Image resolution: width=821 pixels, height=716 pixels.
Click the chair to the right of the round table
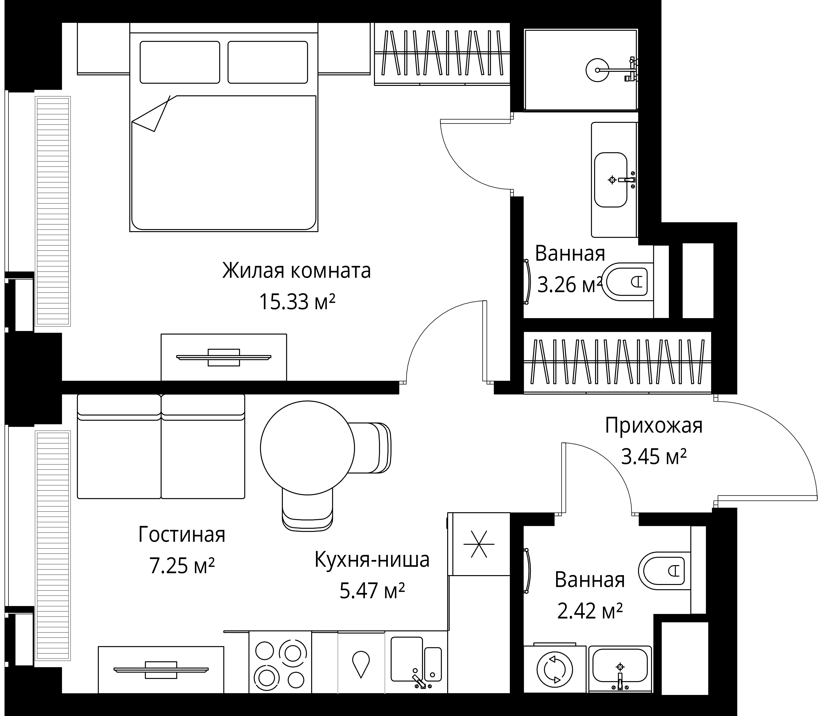pyautogui.click(x=374, y=448)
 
